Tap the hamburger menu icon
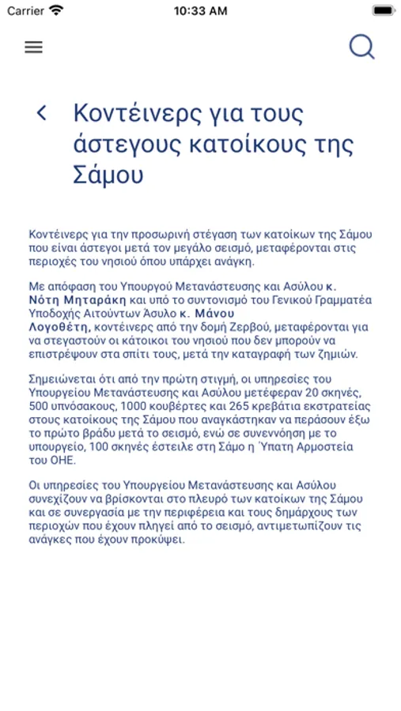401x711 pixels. [33, 47]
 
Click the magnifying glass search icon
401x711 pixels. [361, 47]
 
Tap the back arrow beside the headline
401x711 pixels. [42, 113]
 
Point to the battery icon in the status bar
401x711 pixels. [383, 11]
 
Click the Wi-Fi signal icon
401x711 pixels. [56, 11]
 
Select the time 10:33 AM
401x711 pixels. [200, 11]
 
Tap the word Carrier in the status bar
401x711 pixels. [26, 11]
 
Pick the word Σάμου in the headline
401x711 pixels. [108, 176]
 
